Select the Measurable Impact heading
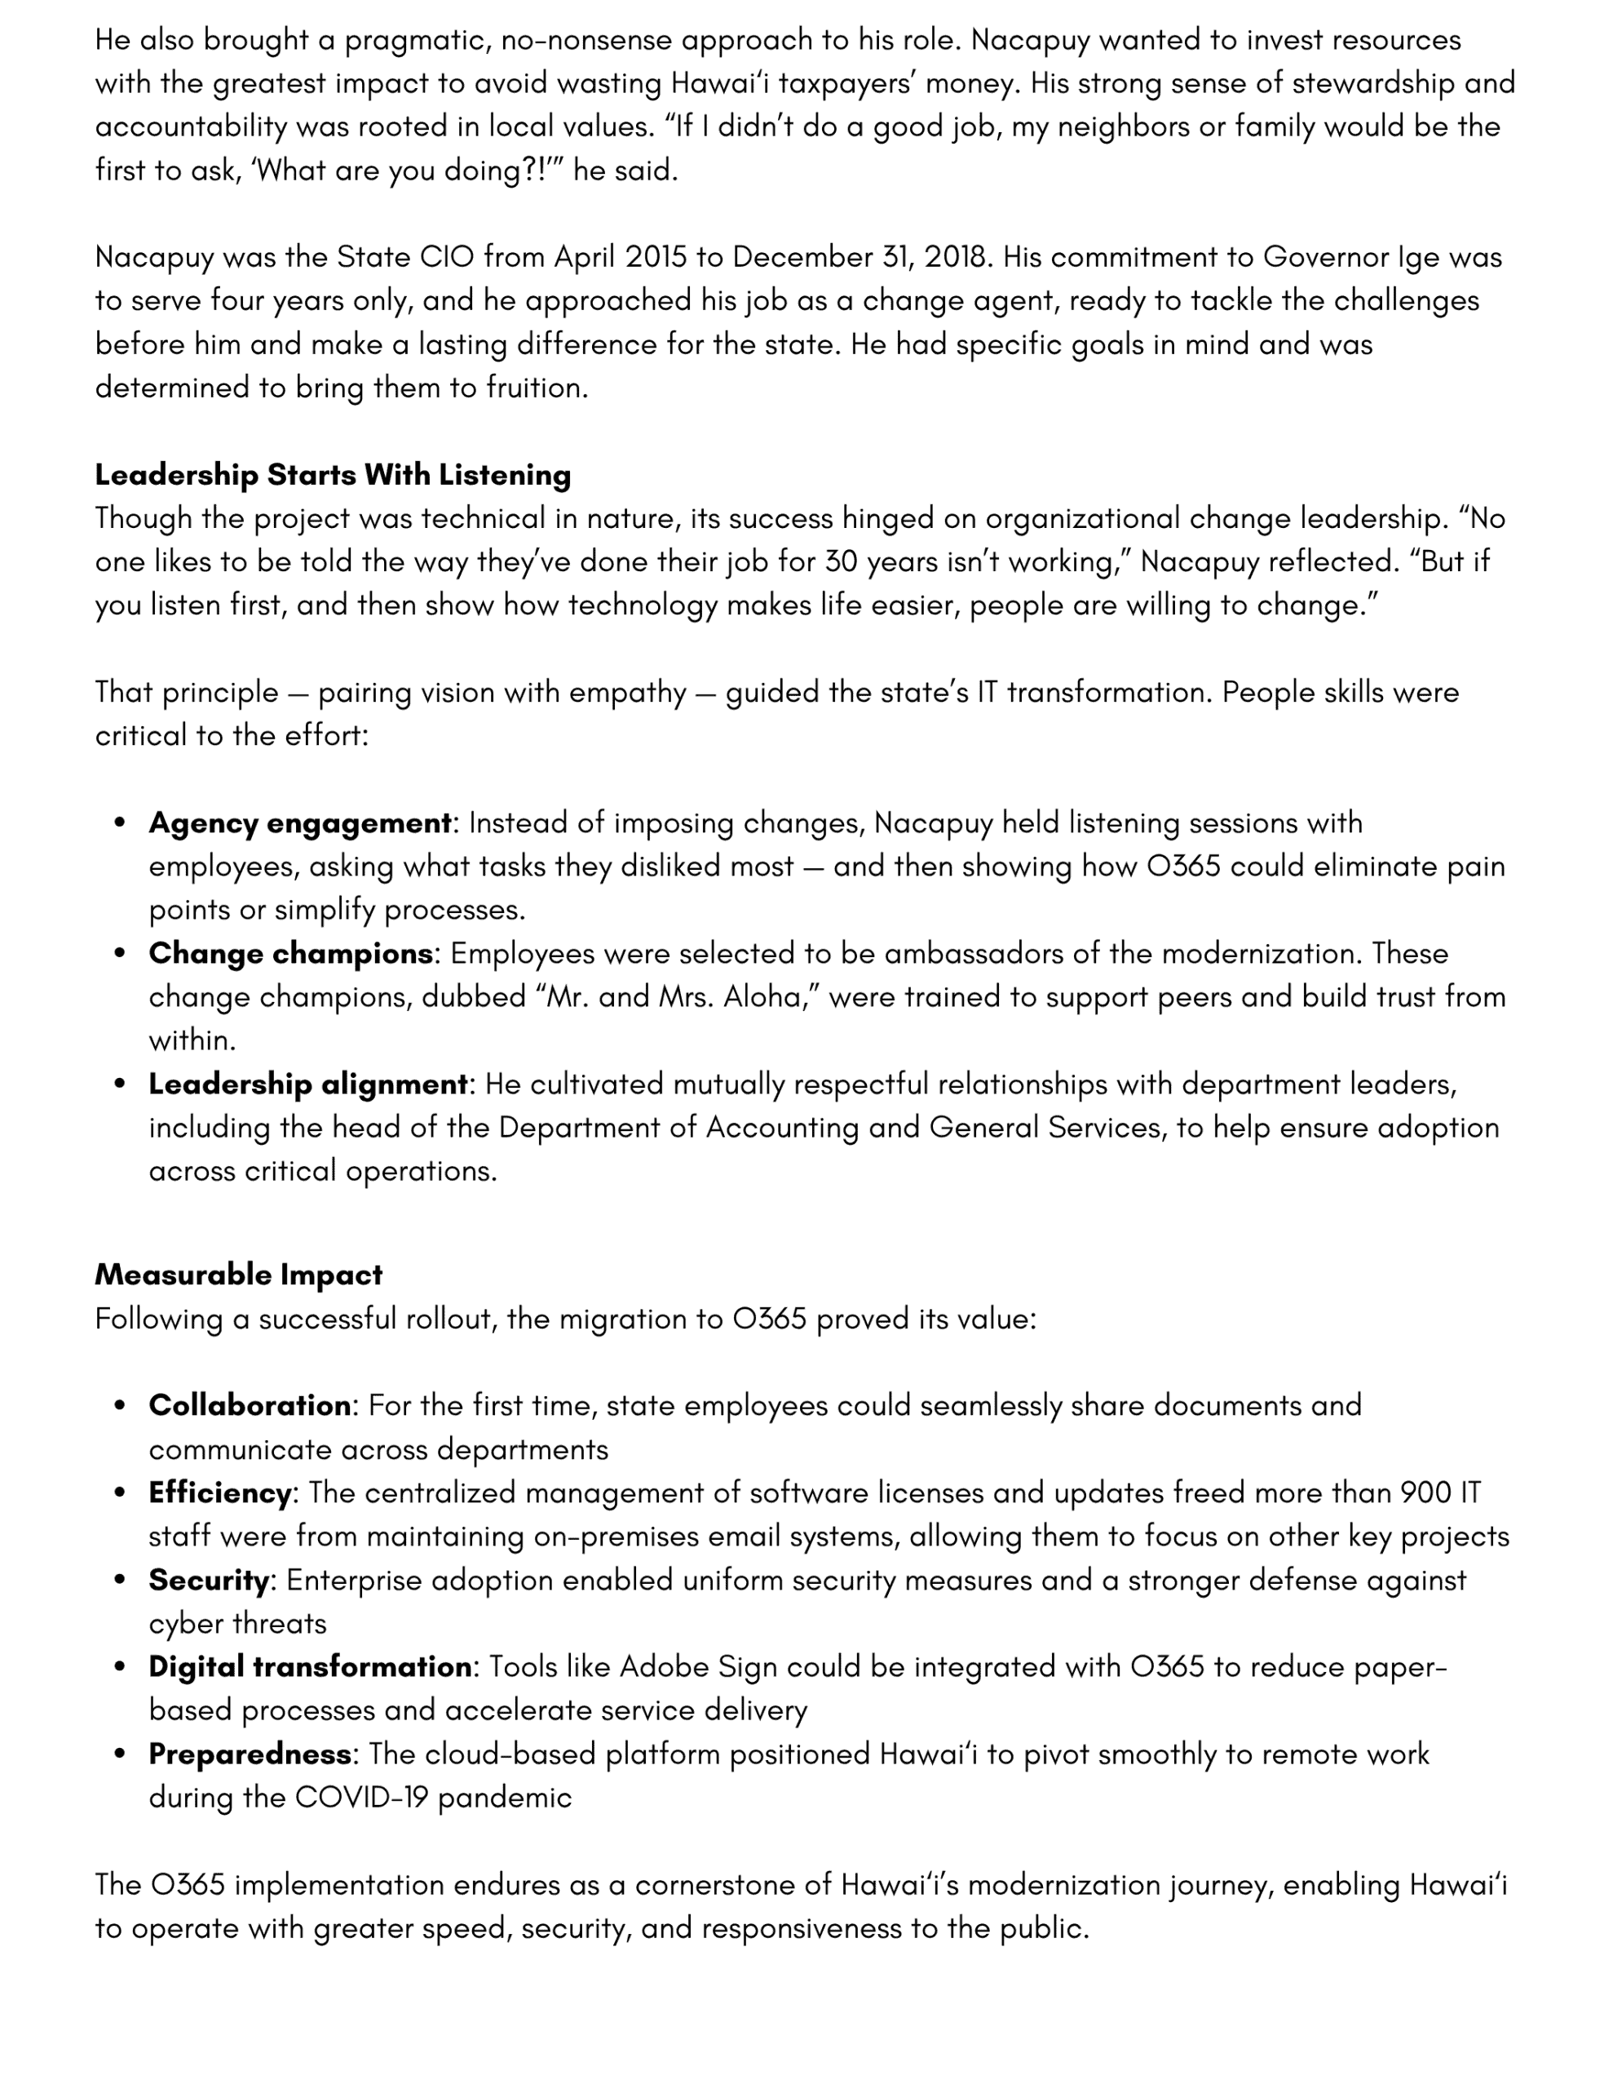click(238, 1274)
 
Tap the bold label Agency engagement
click(299, 823)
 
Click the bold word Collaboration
click(250, 1405)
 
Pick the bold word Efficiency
click(220, 1492)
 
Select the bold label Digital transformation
click(310, 1666)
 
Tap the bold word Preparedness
click(250, 1754)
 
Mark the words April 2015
click(620, 257)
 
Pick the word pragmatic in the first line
click(413, 40)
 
